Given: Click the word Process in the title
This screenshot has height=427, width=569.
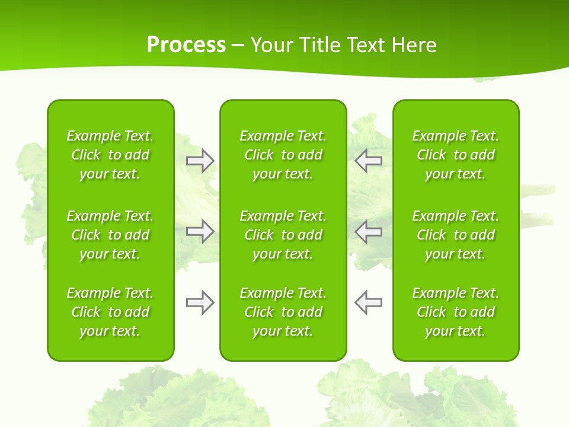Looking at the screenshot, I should coord(186,45).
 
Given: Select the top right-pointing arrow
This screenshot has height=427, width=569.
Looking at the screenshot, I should coord(200,161).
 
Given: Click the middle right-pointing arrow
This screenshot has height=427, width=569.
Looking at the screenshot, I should coord(200,231).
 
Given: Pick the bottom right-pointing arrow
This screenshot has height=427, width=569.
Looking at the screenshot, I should coord(200,302).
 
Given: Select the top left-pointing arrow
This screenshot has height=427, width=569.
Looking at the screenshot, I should coord(369,161).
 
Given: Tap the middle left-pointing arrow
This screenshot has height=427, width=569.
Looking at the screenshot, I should coord(369,231).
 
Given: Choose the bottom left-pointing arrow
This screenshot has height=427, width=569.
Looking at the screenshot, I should coord(369,302).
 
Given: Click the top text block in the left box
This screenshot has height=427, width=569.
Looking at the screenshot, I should coord(110,155).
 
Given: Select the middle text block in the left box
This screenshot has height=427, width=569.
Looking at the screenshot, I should coord(110,235).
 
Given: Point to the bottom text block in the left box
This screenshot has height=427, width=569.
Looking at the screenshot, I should coord(110,312).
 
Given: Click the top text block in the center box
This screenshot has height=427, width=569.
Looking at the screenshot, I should coord(283,155).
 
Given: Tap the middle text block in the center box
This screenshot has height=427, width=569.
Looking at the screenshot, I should coord(283,235).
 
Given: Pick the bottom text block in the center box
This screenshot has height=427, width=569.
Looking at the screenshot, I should coord(283,312).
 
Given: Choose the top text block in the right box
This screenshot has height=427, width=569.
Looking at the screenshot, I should coord(456,155).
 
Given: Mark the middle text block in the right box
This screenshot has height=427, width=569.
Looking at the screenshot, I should coord(456,235).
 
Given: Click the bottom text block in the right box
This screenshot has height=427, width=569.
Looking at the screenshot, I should coord(456,312).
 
